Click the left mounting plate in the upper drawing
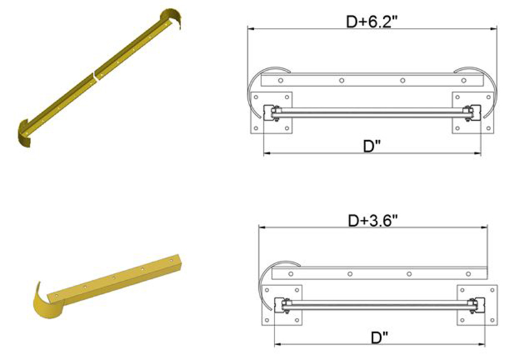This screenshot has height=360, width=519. tap(273, 114)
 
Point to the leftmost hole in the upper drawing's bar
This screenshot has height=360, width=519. tap(280, 81)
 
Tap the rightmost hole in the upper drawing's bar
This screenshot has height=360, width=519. tap(463, 81)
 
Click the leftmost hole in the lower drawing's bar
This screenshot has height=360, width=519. tap(290, 274)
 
